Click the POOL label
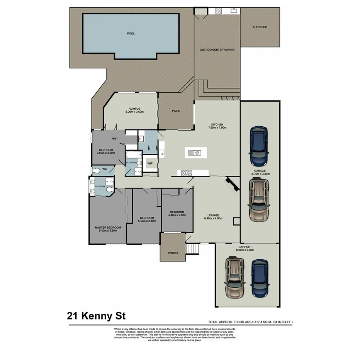[x=131, y=34]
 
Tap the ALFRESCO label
[x=260, y=27]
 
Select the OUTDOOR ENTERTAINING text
[x=217, y=50]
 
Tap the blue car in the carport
[x=260, y=277]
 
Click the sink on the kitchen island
[x=195, y=153]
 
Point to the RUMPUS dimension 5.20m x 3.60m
[x=134, y=112]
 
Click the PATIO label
[x=176, y=111]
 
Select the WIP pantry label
[x=150, y=163]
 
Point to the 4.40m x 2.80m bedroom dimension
[x=177, y=215]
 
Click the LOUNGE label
[x=213, y=215]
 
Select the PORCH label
[x=173, y=253]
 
